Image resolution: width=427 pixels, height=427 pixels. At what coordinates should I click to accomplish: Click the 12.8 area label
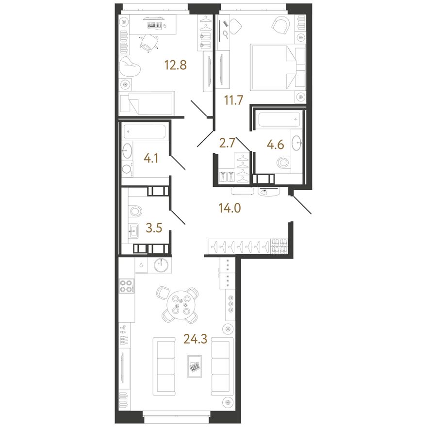pyautogui.click(x=175, y=66)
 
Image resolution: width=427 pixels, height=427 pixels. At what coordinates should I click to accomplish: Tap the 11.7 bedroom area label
pyautogui.click(x=233, y=100)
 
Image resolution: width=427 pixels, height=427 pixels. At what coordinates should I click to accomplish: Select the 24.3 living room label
pyautogui.click(x=195, y=339)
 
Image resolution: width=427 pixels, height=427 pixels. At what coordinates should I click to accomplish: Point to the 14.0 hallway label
pyautogui.click(x=230, y=208)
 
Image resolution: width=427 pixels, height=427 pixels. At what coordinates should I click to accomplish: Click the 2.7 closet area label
pyautogui.click(x=227, y=143)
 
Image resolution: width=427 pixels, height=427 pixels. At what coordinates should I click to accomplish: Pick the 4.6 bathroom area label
pyautogui.click(x=275, y=145)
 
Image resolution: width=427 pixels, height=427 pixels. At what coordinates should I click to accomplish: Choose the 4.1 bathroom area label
pyautogui.click(x=151, y=158)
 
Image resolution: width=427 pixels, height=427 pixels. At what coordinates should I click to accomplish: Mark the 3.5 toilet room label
pyautogui.click(x=154, y=228)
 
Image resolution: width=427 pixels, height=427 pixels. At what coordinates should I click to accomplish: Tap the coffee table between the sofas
pyautogui.click(x=195, y=366)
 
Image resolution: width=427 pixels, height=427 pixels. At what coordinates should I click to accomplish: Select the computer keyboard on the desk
pyautogui.click(x=154, y=25)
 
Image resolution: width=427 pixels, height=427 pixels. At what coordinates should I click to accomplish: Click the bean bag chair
pyautogui.click(x=130, y=66)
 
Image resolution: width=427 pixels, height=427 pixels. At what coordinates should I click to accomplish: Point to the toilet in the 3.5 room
pyautogui.click(x=136, y=212)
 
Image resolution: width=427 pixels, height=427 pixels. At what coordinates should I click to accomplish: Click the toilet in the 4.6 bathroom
pyautogui.click(x=284, y=164)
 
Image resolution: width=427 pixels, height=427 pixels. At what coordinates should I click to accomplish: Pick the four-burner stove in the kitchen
pyautogui.click(x=127, y=286)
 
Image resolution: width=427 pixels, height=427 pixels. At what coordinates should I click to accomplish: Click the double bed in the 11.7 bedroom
pyautogui.click(x=278, y=67)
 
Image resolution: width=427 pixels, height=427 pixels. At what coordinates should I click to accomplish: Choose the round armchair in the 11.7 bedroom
pyautogui.click(x=281, y=26)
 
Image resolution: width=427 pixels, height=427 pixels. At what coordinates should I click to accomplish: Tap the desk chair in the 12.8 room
pyautogui.click(x=149, y=43)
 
